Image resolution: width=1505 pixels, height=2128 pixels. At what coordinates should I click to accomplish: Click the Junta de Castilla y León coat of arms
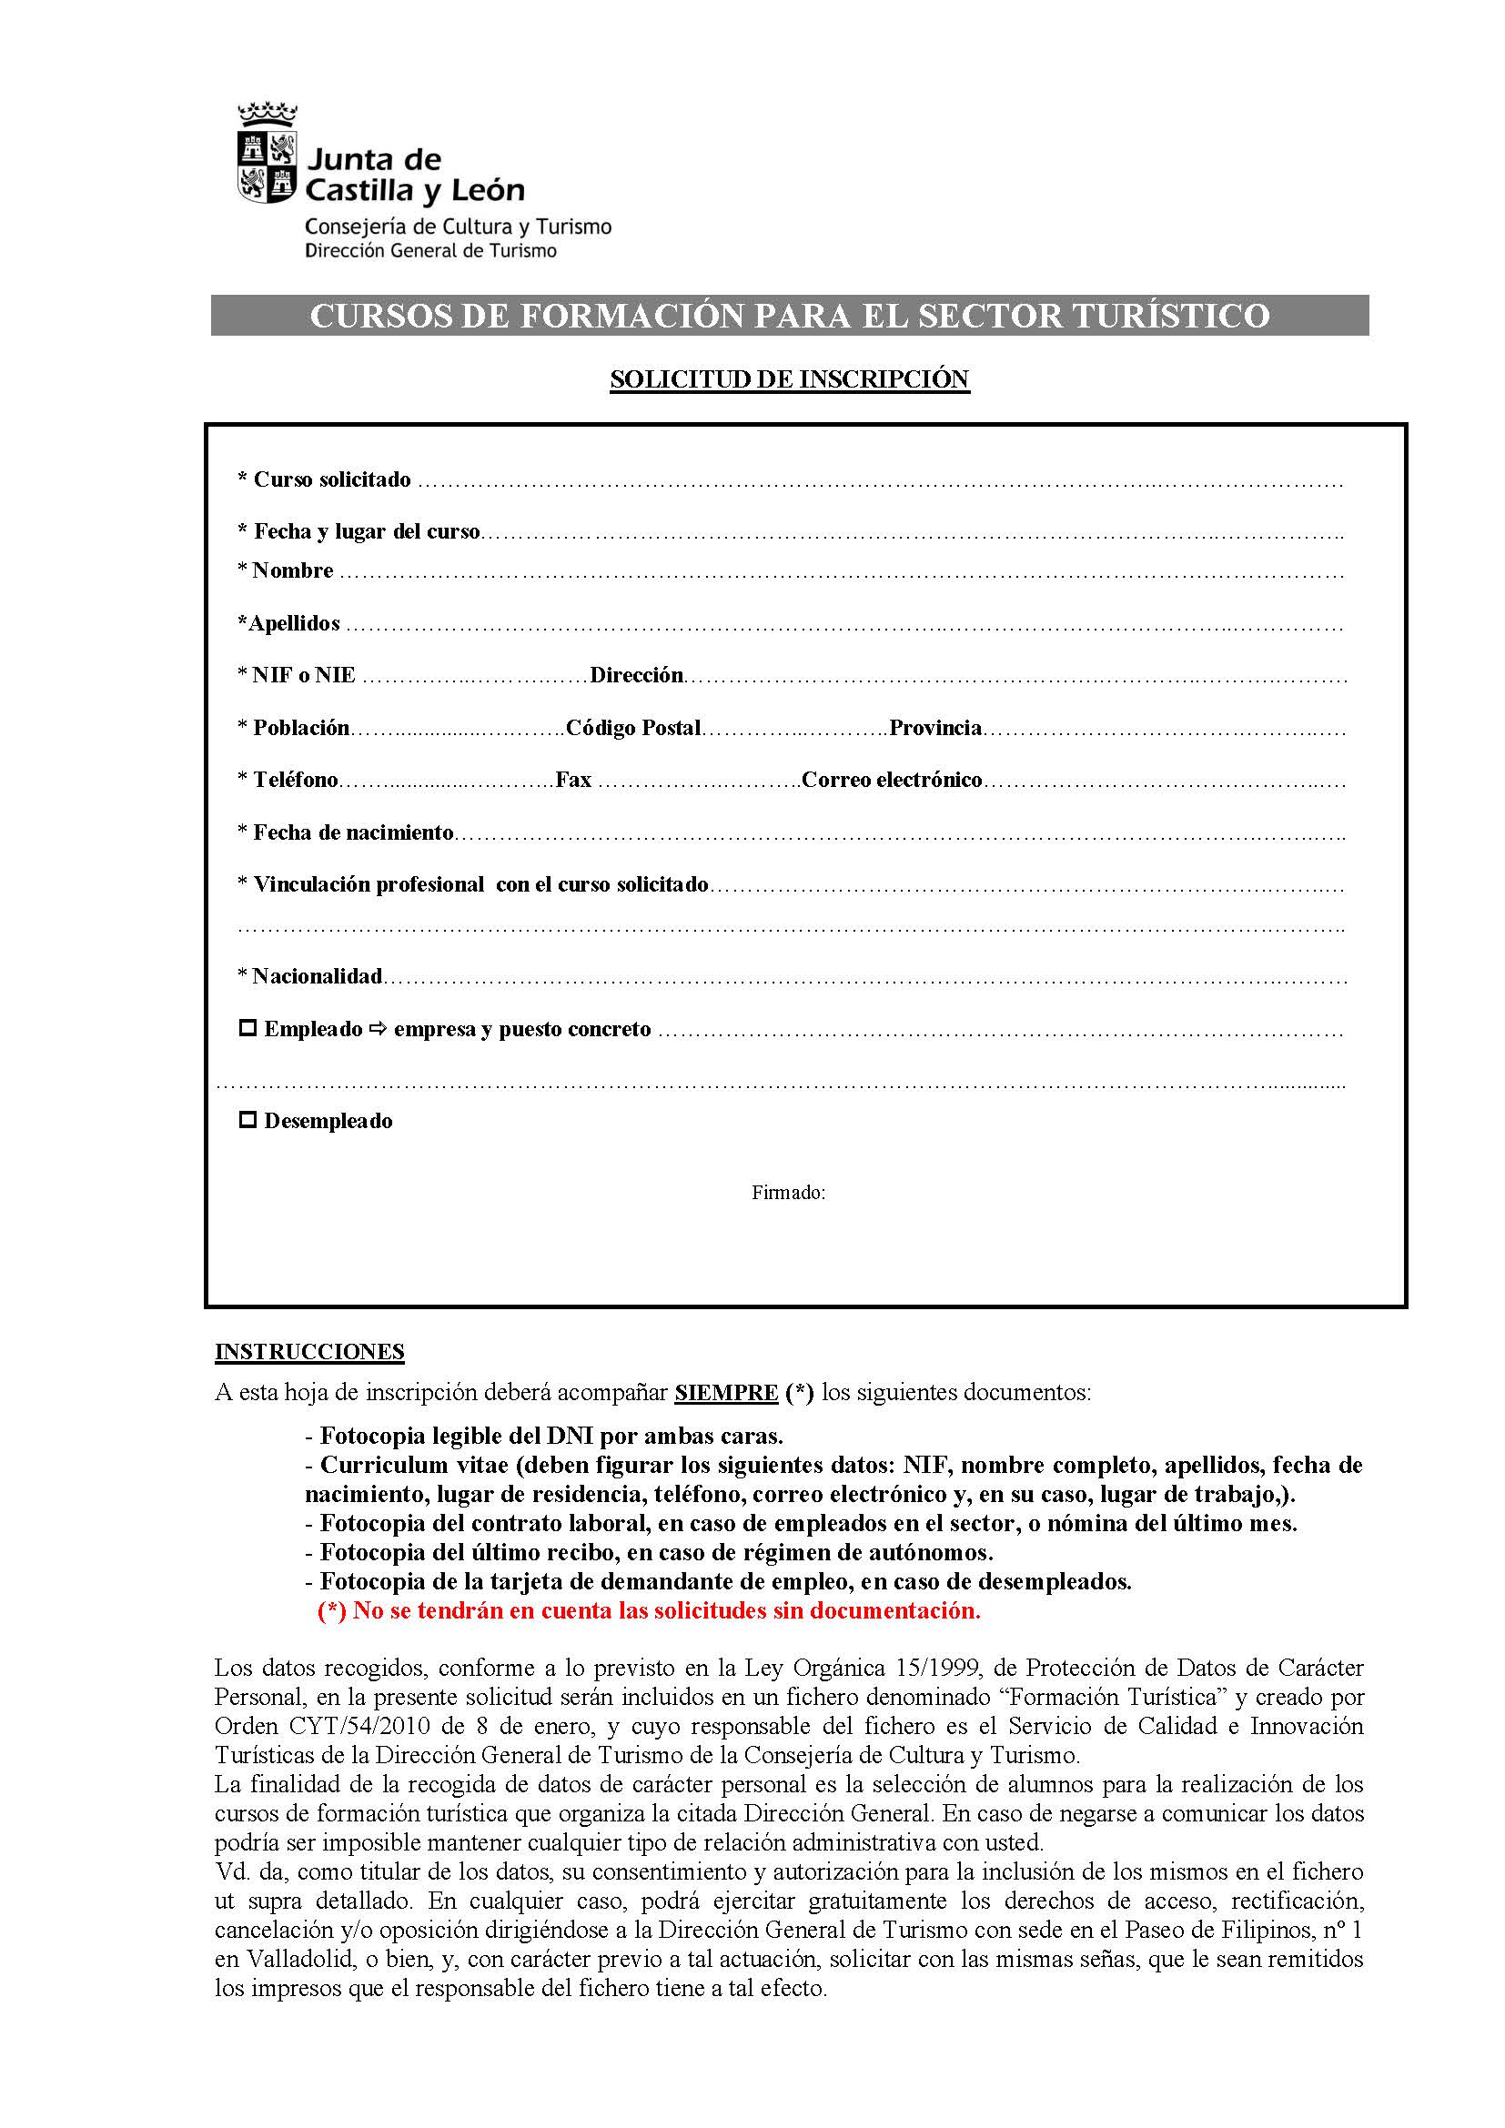tap(267, 156)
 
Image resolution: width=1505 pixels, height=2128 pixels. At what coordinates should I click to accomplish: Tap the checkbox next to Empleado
tap(247, 1028)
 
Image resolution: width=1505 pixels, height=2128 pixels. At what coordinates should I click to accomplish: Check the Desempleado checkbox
tap(247, 1120)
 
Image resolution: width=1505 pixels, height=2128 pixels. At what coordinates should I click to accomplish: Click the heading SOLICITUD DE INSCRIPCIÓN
tap(790, 379)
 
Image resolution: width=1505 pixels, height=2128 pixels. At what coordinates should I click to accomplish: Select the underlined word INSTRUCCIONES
tap(309, 1352)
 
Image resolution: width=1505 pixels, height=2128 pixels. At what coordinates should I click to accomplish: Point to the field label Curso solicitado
tap(332, 479)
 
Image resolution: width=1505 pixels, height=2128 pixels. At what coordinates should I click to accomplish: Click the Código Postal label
tap(633, 728)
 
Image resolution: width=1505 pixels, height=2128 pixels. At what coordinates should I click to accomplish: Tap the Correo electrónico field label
tap(892, 780)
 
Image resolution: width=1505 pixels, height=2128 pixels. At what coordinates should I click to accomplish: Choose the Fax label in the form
tap(573, 780)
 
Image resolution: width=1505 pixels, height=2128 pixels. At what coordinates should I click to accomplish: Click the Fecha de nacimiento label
tap(353, 832)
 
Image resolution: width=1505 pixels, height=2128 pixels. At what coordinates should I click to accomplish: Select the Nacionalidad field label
tap(317, 976)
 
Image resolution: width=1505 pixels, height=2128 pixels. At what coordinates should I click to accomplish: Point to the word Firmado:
tap(788, 1193)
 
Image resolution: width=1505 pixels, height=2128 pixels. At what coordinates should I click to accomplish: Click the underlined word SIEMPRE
tap(725, 1393)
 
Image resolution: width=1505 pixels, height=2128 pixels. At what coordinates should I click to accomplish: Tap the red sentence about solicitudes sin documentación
tap(649, 1611)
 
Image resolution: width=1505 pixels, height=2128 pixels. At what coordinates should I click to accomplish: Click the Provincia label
tap(935, 728)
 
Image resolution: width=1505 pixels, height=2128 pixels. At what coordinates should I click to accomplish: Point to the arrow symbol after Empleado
tap(379, 1028)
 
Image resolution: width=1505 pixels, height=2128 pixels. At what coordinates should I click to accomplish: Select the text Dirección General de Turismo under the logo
tap(431, 251)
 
